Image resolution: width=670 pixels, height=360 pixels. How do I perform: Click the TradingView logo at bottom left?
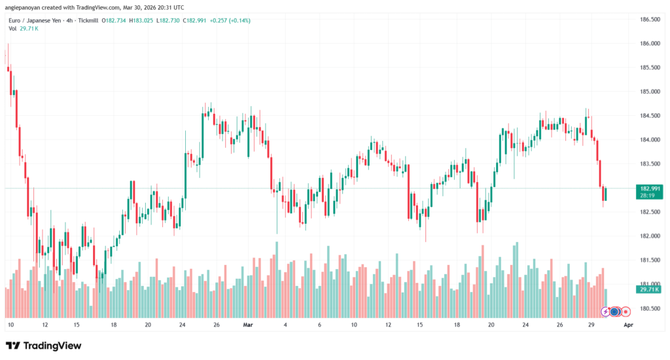tap(44, 346)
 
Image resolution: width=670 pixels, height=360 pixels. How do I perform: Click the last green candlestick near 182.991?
tap(606, 194)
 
